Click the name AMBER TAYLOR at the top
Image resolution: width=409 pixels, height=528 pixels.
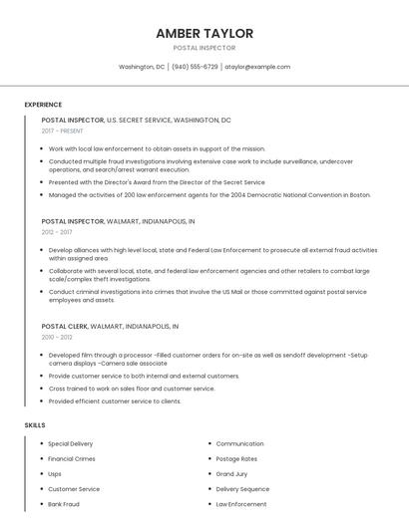[204, 33]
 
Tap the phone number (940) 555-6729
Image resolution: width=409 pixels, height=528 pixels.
[195, 67]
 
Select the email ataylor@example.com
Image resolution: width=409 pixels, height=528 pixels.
[257, 67]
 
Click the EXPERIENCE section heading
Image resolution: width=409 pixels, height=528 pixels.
[43, 105]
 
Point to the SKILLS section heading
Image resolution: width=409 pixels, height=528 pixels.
[35, 425]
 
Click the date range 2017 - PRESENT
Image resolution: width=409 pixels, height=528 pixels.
[63, 132]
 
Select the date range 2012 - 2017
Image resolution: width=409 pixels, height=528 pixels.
[57, 232]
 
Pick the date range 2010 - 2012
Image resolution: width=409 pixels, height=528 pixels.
[57, 337]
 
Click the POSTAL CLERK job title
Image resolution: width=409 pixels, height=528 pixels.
[65, 326]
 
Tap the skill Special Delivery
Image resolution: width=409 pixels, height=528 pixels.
[71, 443]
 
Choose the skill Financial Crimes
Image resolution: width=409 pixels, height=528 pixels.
[72, 458]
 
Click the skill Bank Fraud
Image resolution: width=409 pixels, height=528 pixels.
[64, 504]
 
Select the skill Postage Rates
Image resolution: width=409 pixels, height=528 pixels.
[236, 458]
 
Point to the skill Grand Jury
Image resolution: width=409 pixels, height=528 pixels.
[231, 474]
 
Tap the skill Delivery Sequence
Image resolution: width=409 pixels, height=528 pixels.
[242, 489]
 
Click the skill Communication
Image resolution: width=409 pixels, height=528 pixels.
[239, 443]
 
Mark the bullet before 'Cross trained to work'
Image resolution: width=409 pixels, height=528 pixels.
[43, 389]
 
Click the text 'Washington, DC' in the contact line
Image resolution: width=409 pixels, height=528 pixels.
[142, 67]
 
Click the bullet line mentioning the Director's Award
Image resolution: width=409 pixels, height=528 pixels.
[157, 182]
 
